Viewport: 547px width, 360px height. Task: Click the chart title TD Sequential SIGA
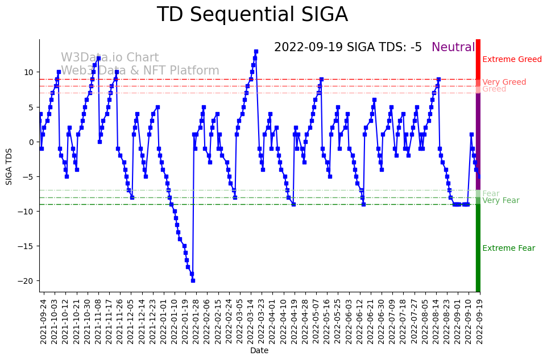252,15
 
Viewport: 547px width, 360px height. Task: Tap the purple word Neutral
453,47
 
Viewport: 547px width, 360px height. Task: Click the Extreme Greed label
512,60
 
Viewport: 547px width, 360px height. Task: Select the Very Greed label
504,82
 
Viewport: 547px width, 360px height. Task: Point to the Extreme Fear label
508,249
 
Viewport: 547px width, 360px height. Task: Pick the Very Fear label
500,201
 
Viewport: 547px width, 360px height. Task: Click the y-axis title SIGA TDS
9,165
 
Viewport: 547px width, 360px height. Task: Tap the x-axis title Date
259,351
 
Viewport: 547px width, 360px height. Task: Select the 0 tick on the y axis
32,142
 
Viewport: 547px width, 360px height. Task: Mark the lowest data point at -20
193,280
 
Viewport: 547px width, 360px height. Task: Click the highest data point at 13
256,52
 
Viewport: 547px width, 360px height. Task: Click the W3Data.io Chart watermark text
110,57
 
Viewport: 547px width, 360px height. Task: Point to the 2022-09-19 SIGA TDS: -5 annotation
348,47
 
